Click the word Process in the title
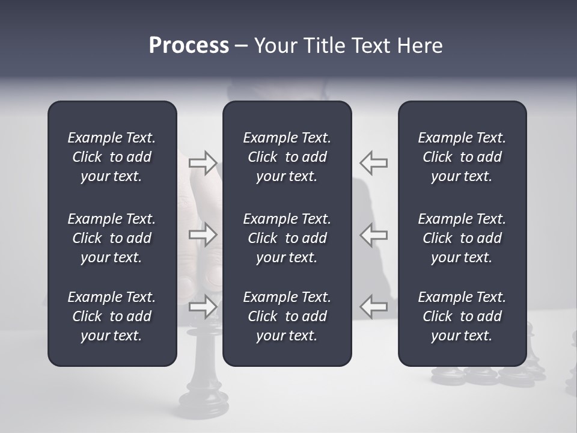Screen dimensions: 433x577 (x=189, y=46)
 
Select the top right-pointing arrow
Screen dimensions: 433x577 (x=203, y=162)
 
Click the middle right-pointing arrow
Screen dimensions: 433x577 (x=203, y=235)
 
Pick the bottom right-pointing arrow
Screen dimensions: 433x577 (x=203, y=306)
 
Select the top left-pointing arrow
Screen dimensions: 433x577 (x=374, y=162)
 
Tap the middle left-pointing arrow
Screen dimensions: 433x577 (x=374, y=235)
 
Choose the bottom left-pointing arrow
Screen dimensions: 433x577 (x=374, y=306)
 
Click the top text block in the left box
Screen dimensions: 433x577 (x=112, y=157)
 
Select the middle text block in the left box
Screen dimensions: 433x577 (x=112, y=238)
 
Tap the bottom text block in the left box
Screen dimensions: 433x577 (x=112, y=316)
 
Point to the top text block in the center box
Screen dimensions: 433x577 (x=287, y=157)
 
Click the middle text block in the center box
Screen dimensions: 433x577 (x=287, y=238)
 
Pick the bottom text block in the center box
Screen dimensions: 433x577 (x=287, y=316)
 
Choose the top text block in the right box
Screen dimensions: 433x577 (x=462, y=157)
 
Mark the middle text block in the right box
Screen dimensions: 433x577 (x=462, y=238)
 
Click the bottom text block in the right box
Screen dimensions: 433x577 (x=462, y=316)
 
